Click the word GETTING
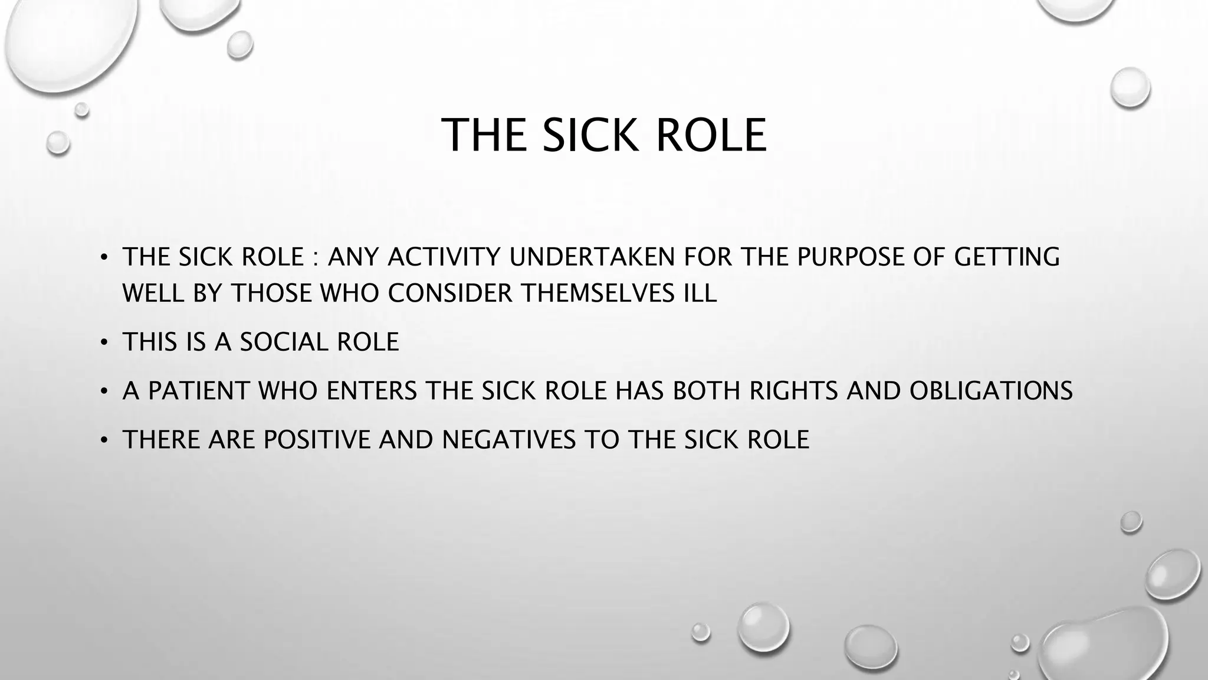pyautogui.click(x=1006, y=257)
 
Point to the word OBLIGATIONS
pyautogui.click(x=991, y=391)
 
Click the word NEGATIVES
pyautogui.click(x=509, y=440)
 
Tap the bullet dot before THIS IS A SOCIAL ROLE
pyautogui.click(x=104, y=342)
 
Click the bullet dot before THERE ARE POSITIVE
pyautogui.click(x=104, y=440)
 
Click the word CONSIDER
pyautogui.click(x=450, y=293)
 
